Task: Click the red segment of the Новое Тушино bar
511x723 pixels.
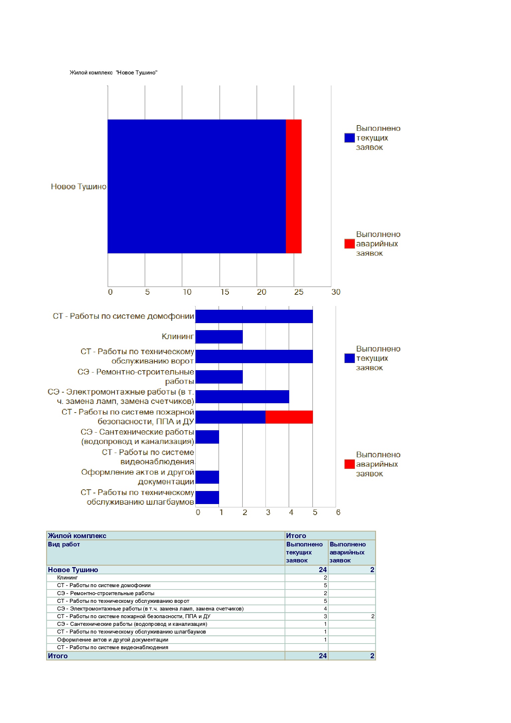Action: tap(294, 186)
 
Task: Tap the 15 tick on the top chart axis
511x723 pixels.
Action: tap(224, 292)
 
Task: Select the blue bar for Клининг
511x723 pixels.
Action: tap(219, 337)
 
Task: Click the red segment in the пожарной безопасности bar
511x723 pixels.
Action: tap(289, 417)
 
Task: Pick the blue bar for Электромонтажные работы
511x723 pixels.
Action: tap(242, 397)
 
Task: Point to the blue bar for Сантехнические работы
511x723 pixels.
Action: tap(207, 437)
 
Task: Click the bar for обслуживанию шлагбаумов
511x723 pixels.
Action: tap(207, 497)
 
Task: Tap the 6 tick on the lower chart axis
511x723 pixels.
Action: tap(338, 512)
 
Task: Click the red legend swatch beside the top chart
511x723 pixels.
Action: tap(349, 244)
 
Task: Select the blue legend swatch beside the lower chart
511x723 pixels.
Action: tap(349, 358)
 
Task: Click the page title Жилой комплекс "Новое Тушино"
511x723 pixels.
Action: tap(114, 73)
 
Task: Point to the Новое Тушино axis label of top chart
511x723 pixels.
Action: tap(78, 187)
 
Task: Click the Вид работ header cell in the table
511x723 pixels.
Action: tap(64, 544)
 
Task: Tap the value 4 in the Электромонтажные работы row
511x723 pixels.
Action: tap(325, 609)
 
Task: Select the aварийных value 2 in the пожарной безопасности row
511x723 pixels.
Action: tap(373, 616)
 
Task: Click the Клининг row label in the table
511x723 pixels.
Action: tap(67, 577)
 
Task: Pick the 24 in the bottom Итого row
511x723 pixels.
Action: tap(323, 656)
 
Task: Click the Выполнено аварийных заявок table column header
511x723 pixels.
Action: tap(347, 552)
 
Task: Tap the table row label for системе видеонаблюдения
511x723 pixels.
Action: tap(113, 647)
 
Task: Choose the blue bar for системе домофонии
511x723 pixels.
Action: tap(254, 316)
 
